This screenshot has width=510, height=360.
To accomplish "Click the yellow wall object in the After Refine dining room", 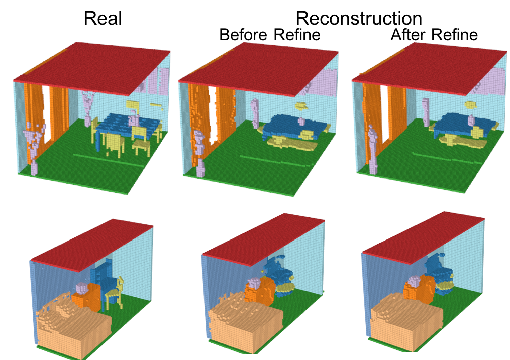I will coord(471,105).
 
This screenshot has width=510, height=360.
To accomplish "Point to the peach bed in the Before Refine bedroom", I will coord(241,326).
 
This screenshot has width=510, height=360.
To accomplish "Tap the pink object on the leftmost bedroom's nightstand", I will coord(81,288).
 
